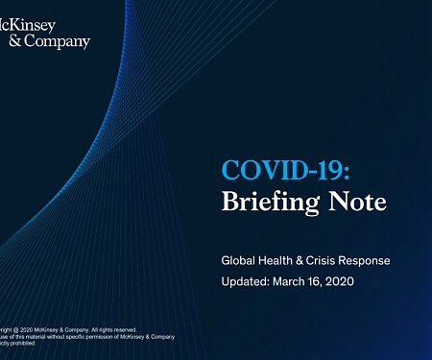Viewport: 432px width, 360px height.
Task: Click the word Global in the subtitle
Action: click(238, 260)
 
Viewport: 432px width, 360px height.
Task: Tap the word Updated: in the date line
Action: click(246, 281)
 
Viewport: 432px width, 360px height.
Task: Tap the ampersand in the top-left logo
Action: click(12, 41)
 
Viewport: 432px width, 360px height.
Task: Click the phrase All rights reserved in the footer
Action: click(115, 329)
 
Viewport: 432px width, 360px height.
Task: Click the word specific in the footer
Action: click(74, 336)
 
